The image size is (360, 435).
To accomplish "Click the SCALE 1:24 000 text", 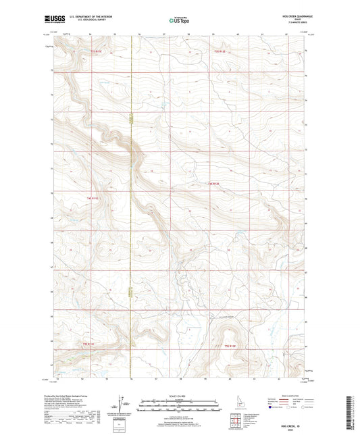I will (179, 396).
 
